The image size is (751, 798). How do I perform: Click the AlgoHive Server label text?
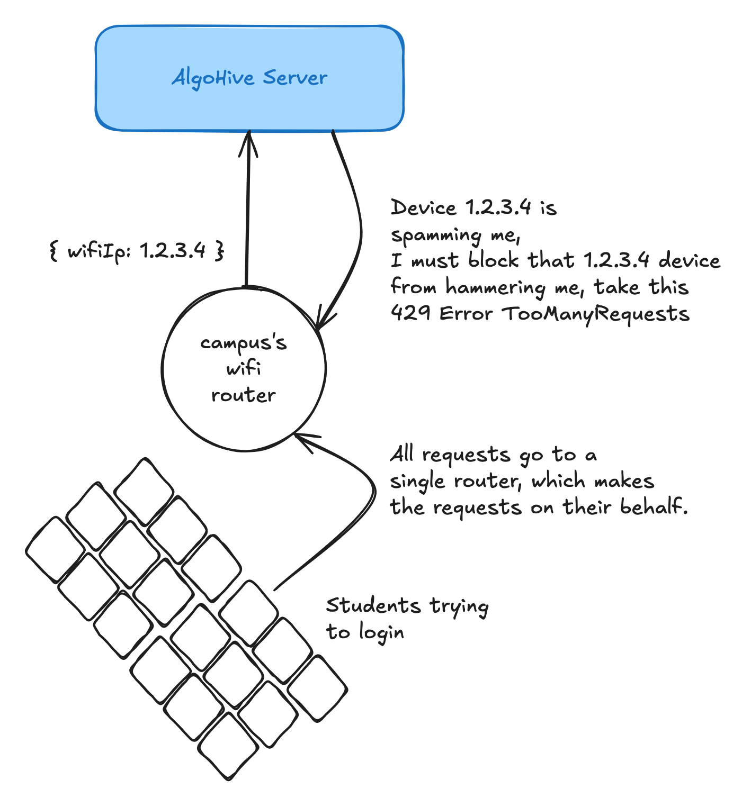coord(249,78)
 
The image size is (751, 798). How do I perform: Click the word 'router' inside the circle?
coord(244,395)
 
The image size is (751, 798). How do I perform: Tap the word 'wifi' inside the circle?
coord(244,368)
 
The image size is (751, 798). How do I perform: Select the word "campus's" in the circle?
coord(244,343)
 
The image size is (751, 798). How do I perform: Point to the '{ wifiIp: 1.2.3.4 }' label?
coord(137,250)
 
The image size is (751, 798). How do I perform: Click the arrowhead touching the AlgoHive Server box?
coord(248,143)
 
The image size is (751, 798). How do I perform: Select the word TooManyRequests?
coord(595,314)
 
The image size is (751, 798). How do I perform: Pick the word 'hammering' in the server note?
coord(495,288)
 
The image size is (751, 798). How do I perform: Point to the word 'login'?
coord(381,632)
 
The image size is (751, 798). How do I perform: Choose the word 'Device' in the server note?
coord(423,208)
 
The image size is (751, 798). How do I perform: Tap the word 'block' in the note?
coord(493,260)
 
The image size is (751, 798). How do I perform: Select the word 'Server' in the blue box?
coord(296,78)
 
